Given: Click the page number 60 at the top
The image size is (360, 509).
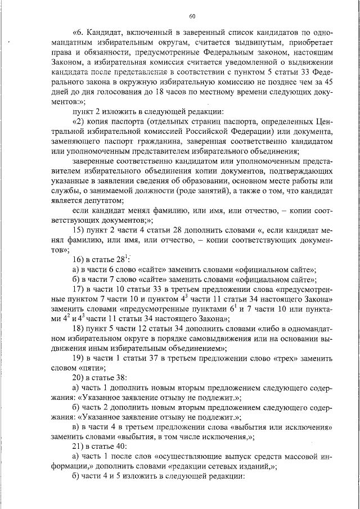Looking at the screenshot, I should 192,16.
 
